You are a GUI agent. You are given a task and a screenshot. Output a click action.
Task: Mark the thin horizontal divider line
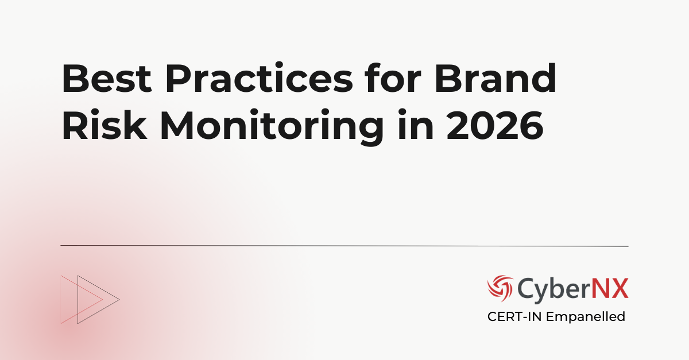click(x=344, y=246)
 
